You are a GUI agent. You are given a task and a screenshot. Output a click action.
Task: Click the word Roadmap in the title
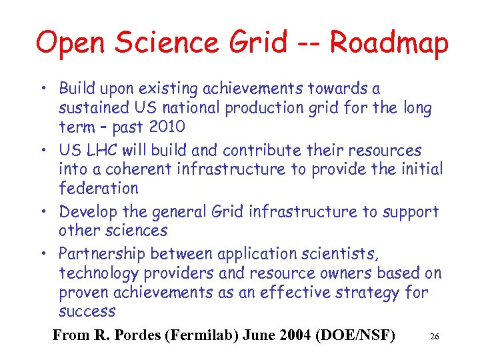pyautogui.click(x=389, y=43)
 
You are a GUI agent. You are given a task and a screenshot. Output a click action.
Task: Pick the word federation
pyautogui.click(x=99, y=189)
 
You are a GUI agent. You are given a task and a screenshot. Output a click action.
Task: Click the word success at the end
pyautogui.click(x=87, y=311)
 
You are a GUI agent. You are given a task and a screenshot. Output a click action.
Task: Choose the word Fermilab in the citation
pyautogui.click(x=201, y=335)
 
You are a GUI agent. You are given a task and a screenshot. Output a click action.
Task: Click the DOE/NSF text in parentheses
pyautogui.click(x=357, y=335)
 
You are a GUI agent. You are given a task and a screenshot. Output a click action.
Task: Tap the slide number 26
pyautogui.click(x=434, y=337)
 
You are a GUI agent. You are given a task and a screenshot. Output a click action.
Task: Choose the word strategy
pyautogui.click(x=364, y=292)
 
